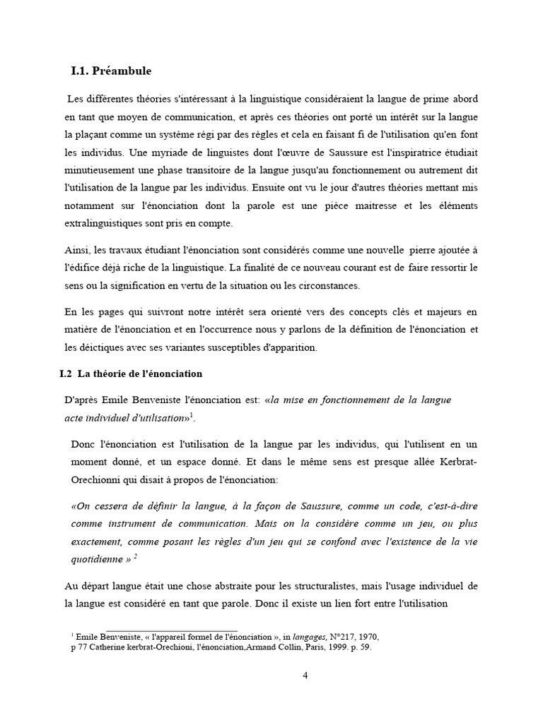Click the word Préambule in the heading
coord(123,71)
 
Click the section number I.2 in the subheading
coord(66,374)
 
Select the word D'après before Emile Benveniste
coord(81,400)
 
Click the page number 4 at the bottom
coord(305,675)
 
